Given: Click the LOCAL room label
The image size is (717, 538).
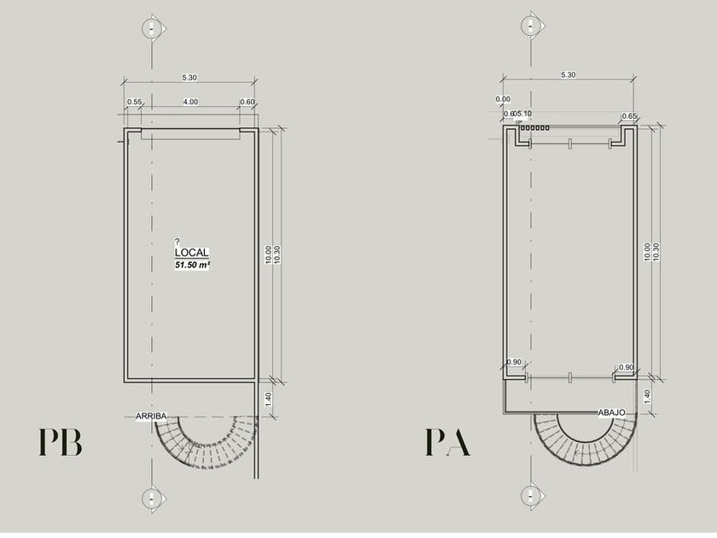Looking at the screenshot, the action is point(191,253).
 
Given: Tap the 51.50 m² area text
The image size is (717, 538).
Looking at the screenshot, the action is point(192,265).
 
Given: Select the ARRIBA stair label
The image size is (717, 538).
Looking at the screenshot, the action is point(151,417).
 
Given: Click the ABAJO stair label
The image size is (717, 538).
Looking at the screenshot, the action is point(612,412).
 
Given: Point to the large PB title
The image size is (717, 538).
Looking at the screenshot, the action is point(60,442).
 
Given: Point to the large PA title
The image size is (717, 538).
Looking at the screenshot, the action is point(447,442).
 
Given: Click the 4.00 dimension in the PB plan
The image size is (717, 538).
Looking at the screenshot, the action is point(190,102).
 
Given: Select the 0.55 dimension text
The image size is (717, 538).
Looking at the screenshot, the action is point(135,102).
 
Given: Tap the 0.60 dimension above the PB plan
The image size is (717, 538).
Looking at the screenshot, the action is point(248,102).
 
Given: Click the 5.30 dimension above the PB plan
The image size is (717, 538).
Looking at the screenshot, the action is point(189,78).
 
